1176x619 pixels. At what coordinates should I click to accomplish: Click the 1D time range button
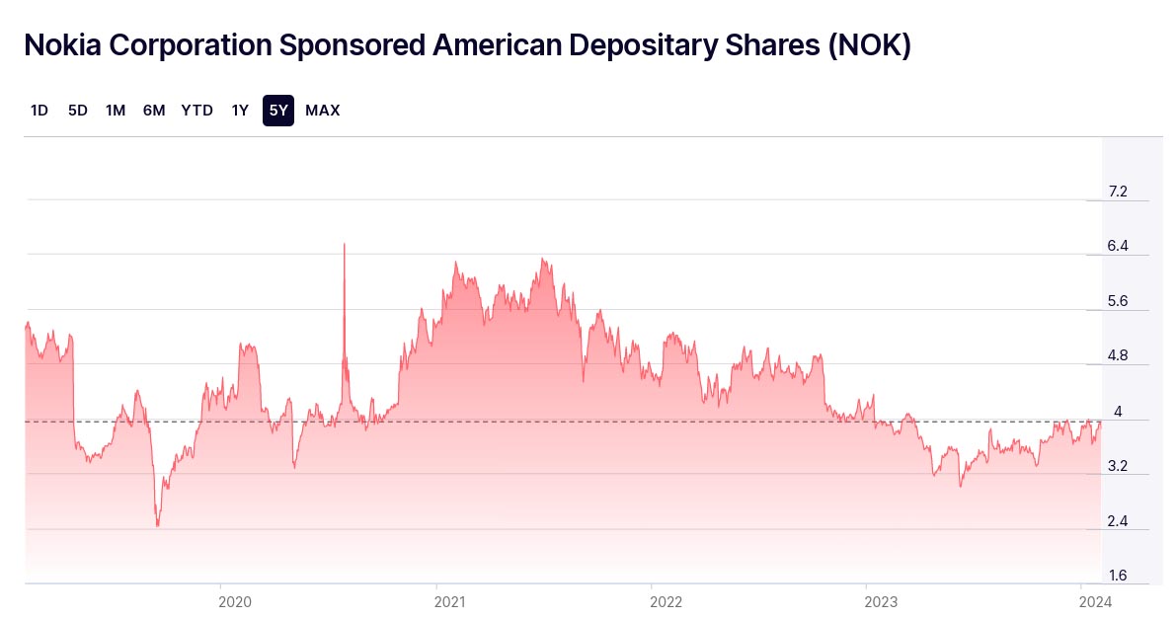click(39, 111)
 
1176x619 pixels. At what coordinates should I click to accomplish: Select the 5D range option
click(78, 111)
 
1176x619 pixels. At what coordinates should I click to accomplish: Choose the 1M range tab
click(116, 111)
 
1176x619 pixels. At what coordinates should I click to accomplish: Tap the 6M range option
click(154, 111)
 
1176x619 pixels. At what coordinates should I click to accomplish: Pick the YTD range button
click(196, 111)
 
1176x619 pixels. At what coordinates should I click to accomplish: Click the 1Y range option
click(240, 111)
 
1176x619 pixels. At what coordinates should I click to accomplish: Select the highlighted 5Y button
click(278, 111)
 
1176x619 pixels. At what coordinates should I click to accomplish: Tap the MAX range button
click(323, 111)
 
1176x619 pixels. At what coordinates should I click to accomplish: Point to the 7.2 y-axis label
click(1118, 192)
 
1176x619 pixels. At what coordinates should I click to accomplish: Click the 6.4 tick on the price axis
click(1118, 246)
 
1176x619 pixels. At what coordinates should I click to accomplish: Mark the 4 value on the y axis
click(1118, 411)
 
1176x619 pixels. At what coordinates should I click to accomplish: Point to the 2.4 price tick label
click(1118, 521)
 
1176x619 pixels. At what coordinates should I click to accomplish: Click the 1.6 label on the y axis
click(1118, 576)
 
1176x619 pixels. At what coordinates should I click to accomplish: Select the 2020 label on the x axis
click(235, 600)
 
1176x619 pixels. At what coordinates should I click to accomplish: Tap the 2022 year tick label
click(666, 600)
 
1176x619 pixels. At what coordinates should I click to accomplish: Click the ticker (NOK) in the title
click(869, 45)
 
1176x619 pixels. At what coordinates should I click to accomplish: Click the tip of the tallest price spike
click(344, 243)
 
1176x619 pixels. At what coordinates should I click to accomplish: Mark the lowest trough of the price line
click(157, 525)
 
